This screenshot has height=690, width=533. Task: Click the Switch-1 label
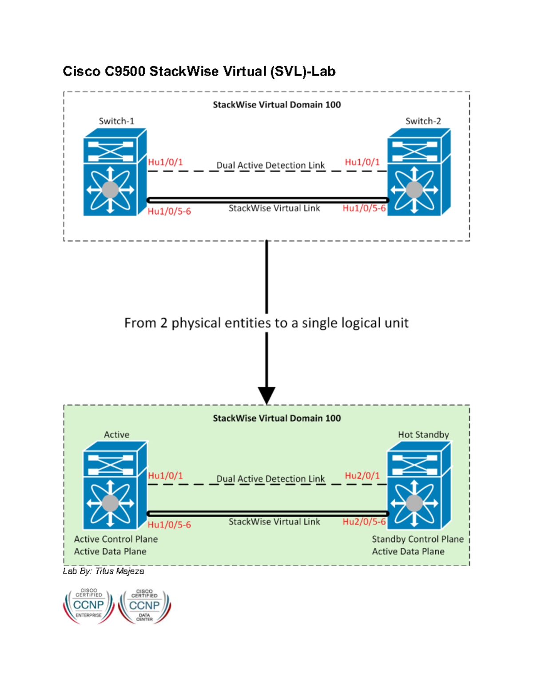[x=116, y=121]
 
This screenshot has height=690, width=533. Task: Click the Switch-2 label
[x=423, y=121]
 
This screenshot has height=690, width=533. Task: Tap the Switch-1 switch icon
[x=115, y=172]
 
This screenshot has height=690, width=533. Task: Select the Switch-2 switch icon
[x=418, y=172]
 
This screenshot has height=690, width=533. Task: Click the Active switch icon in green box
[x=115, y=485]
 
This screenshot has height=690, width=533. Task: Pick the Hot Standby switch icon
[x=418, y=485]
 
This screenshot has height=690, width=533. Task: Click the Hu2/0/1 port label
[x=362, y=475]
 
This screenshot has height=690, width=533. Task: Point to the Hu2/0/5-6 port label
[x=364, y=522]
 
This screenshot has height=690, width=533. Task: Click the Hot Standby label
[x=423, y=435]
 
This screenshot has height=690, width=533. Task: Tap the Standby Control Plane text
[x=418, y=539]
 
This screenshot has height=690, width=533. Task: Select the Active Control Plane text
[x=115, y=539]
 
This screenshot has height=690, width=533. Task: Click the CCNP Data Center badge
[x=144, y=606]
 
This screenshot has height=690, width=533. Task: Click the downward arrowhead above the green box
[x=266, y=395]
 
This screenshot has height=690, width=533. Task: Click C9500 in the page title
[x=125, y=71]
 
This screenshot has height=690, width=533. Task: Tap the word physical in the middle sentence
[x=196, y=323]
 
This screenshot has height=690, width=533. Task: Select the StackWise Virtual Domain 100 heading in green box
[x=276, y=418]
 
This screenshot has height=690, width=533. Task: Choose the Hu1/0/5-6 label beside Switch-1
[x=169, y=211]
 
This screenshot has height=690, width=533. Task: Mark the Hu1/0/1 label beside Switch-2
[x=362, y=162]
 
